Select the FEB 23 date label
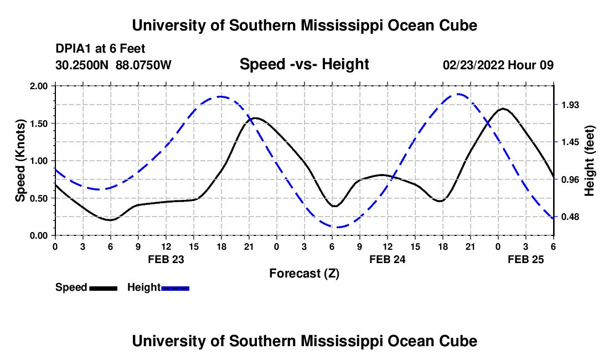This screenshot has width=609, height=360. [x=166, y=259]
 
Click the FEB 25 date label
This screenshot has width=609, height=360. [x=526, y=259]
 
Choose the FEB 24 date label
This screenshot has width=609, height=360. [x=387, y=259]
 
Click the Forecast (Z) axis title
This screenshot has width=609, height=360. [x=304, y=273]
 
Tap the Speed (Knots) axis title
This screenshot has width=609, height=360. [x=20, y=160]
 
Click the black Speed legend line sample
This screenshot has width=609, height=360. [x=103, y=288]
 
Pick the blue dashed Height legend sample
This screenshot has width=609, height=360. [x=176, y=288]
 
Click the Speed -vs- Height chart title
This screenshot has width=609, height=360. [x=304, y=65]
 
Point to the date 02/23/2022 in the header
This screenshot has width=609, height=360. [x=473, y=65]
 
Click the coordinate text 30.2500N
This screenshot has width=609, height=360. [x=82, y=65]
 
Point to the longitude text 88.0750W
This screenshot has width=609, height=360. [x=143, y=65]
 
